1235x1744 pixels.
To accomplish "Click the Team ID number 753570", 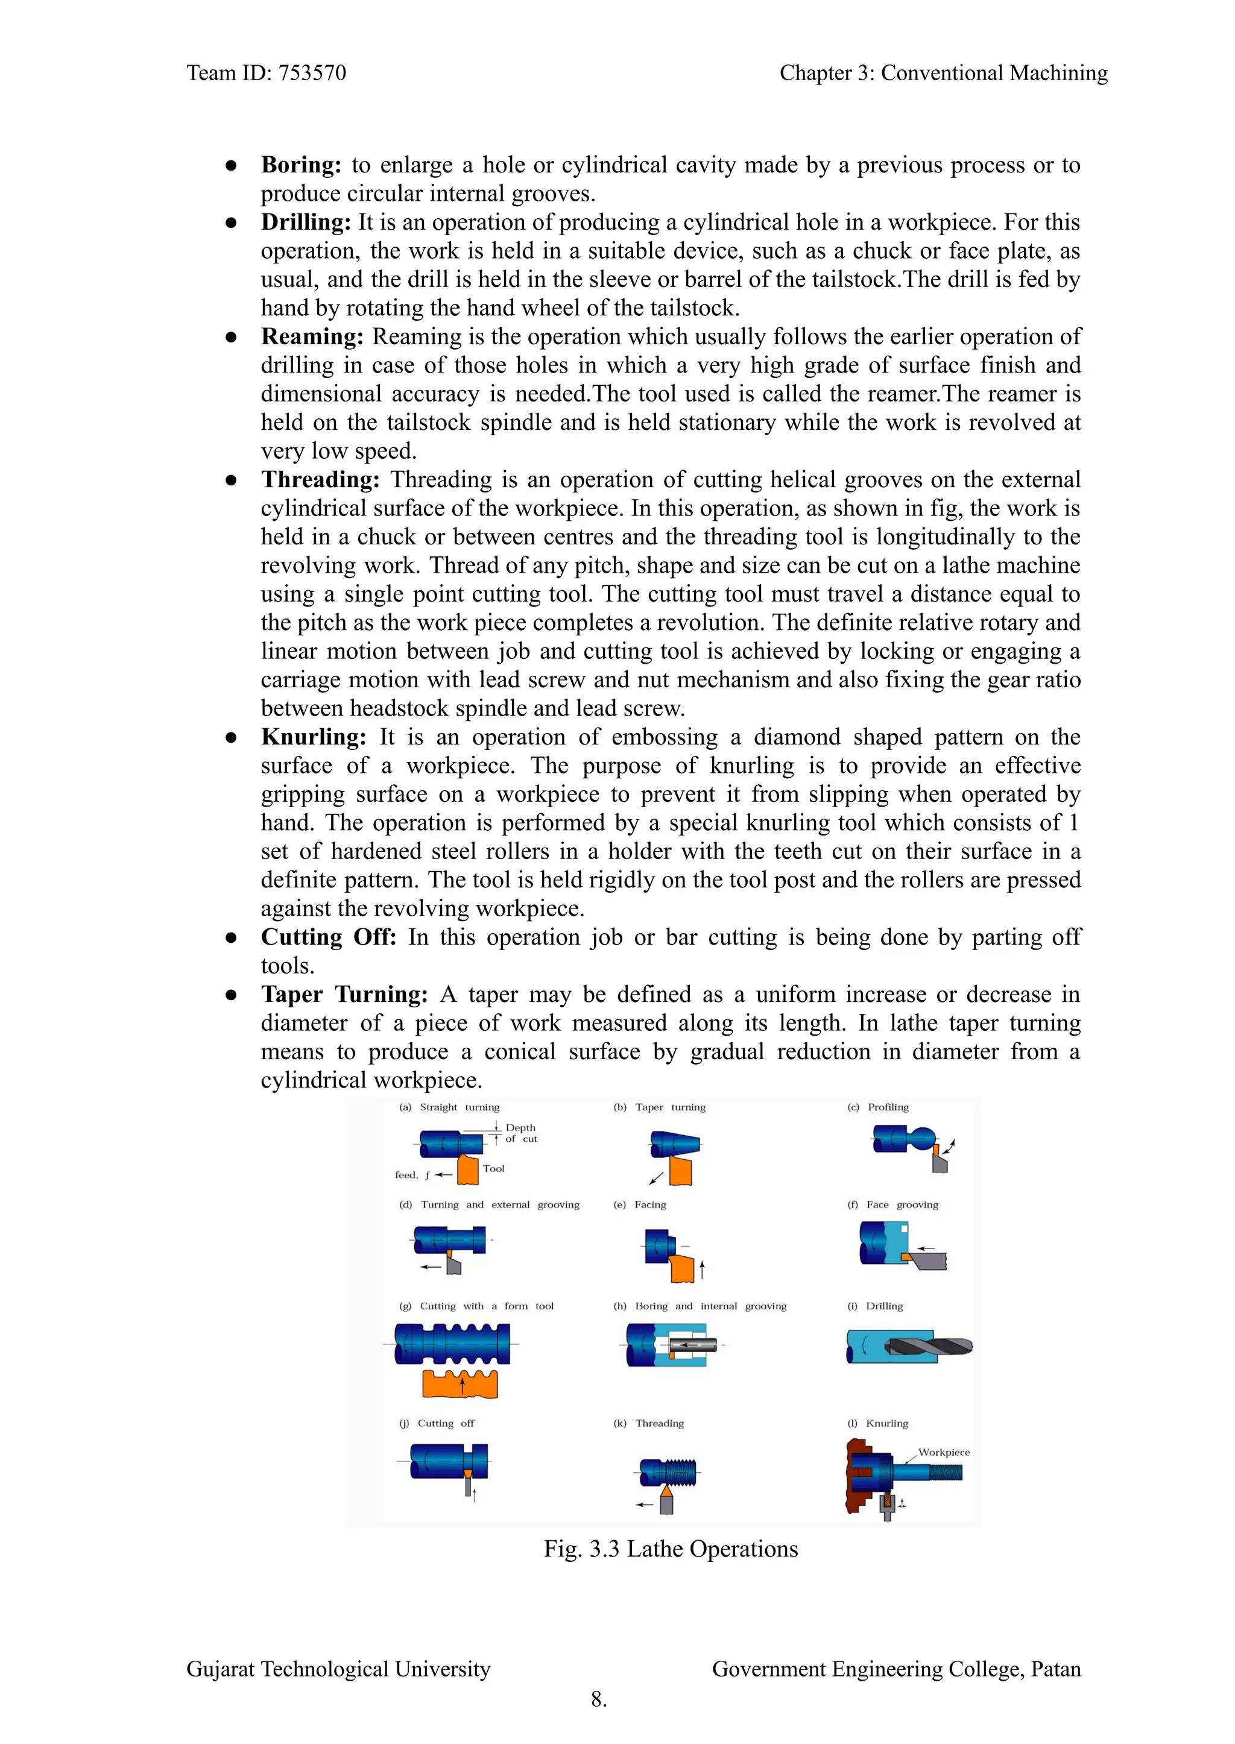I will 312,73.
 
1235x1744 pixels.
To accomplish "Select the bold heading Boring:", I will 301,165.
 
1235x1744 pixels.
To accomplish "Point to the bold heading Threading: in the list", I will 320,480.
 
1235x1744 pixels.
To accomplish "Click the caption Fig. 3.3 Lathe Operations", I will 671,1549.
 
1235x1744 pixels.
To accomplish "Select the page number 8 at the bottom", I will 598,1698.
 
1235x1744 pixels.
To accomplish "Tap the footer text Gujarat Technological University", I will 338,1669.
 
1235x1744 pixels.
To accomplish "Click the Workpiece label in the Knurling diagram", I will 944,1452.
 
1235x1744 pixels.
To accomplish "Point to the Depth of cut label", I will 521,1133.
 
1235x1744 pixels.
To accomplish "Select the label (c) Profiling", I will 879,1107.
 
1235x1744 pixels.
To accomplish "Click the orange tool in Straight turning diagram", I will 468,1170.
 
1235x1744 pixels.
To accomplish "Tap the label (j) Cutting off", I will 437,1423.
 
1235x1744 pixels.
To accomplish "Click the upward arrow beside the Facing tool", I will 702,1269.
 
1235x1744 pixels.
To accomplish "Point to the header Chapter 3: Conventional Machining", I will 943,73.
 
